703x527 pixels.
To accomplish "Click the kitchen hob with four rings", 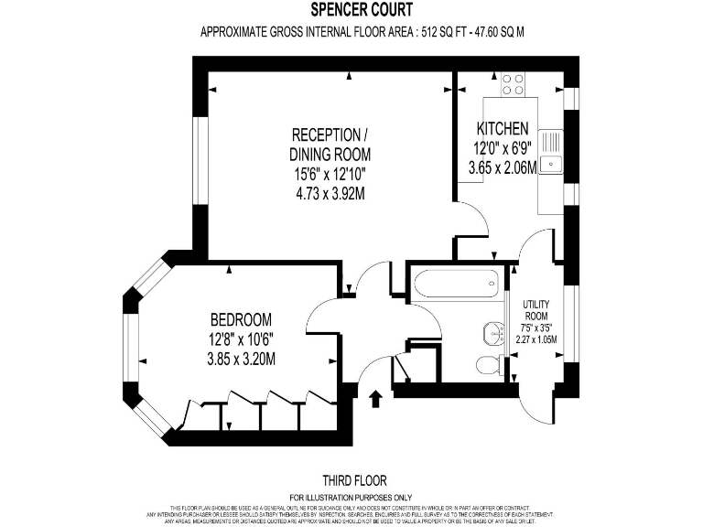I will [514, 85].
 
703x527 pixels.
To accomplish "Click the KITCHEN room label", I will [503, 128].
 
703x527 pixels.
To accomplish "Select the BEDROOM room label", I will [241, 320].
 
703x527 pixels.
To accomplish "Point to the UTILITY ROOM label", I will [535, 310].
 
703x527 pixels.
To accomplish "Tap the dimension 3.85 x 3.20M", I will [241, 358].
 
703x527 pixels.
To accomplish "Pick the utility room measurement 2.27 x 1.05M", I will [535, 339].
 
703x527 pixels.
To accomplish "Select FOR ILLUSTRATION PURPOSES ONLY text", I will [354, 497].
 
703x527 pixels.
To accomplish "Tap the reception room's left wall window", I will [198, 165].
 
